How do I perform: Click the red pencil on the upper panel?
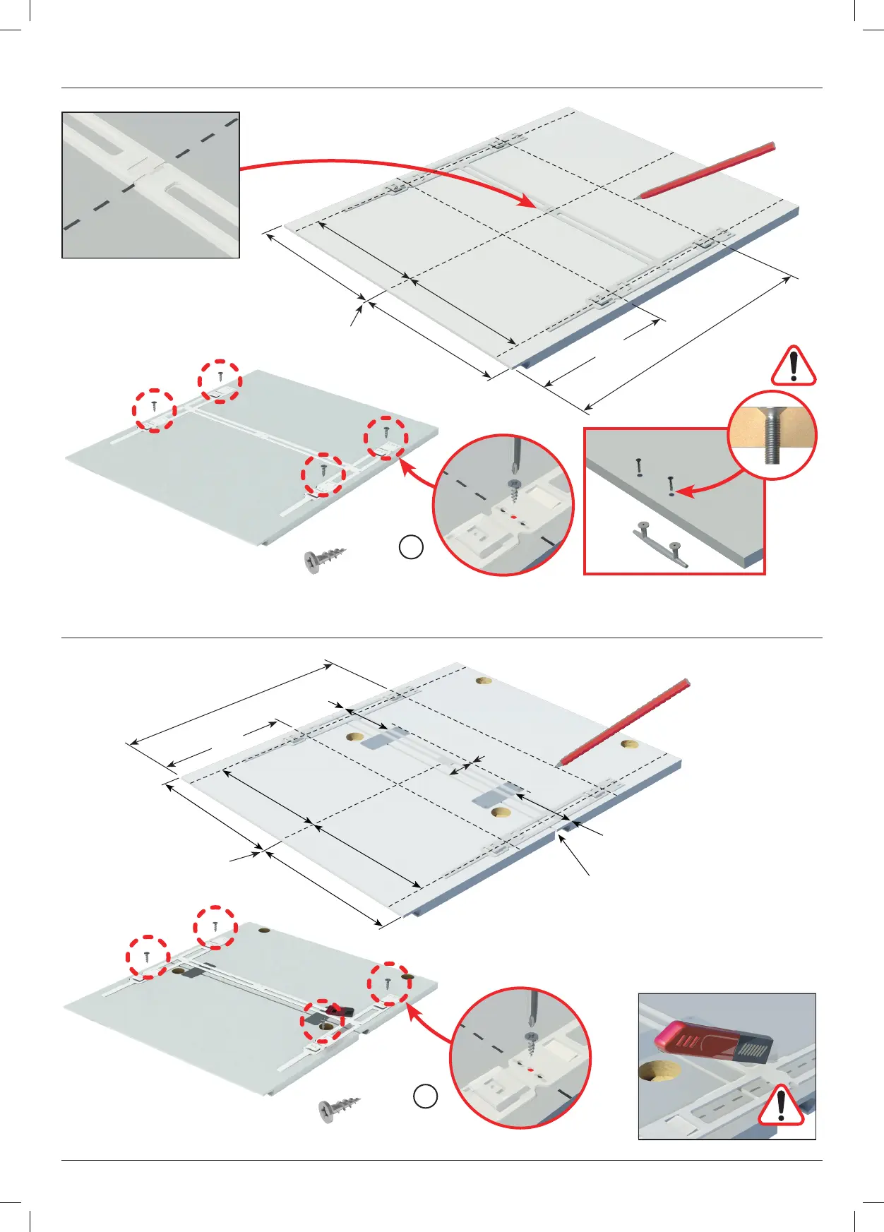tap(706, 170)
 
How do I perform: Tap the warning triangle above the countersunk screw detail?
tap(794, 366)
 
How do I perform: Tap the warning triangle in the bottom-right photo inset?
tap(781, 1106)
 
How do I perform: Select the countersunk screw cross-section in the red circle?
tap(772, 435)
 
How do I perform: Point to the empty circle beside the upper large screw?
tap(411, 547)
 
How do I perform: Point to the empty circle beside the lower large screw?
tap(425, 1096)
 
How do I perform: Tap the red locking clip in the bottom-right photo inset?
tap(713, 1043)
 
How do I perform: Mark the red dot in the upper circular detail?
tap(513, 515)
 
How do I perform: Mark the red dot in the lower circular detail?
tap(530, 1069)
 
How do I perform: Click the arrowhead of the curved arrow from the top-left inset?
tap(526, 203)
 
